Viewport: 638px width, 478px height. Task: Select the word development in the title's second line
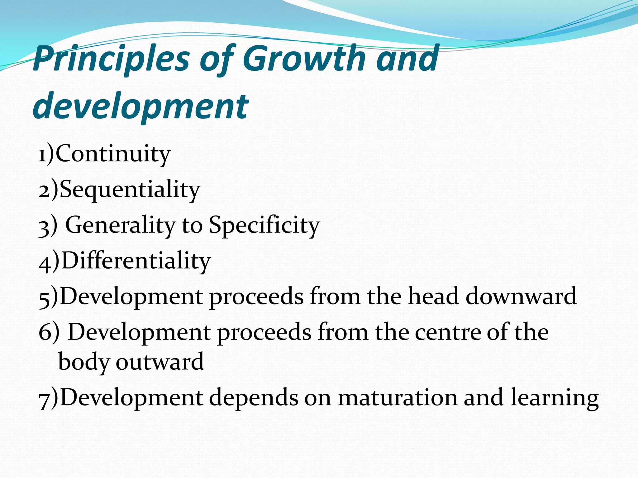(140, 106)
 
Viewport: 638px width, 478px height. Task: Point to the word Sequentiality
(130, 189)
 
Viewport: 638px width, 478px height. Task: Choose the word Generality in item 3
(120, 225)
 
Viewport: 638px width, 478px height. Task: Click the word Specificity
(264, 225)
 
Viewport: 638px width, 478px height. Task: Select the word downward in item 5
(521, 296)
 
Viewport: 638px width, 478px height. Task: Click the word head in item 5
(433, 296)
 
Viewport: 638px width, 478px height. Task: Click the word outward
(160, 362)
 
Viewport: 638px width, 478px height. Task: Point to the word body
(84, 362)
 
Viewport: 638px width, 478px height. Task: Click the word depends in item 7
(253, 398)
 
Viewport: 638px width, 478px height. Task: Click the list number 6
(45, 332)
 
